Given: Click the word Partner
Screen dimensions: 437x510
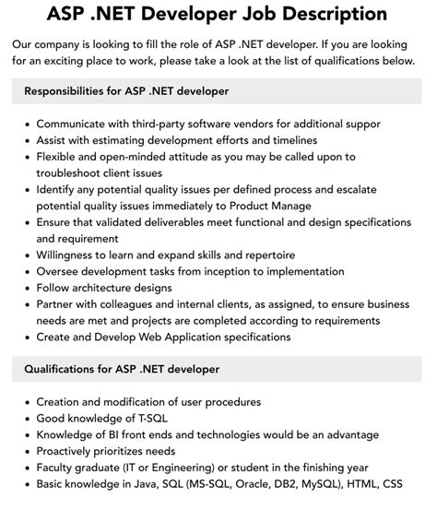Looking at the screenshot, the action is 60,304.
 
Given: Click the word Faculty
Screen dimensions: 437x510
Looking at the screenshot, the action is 60,468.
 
